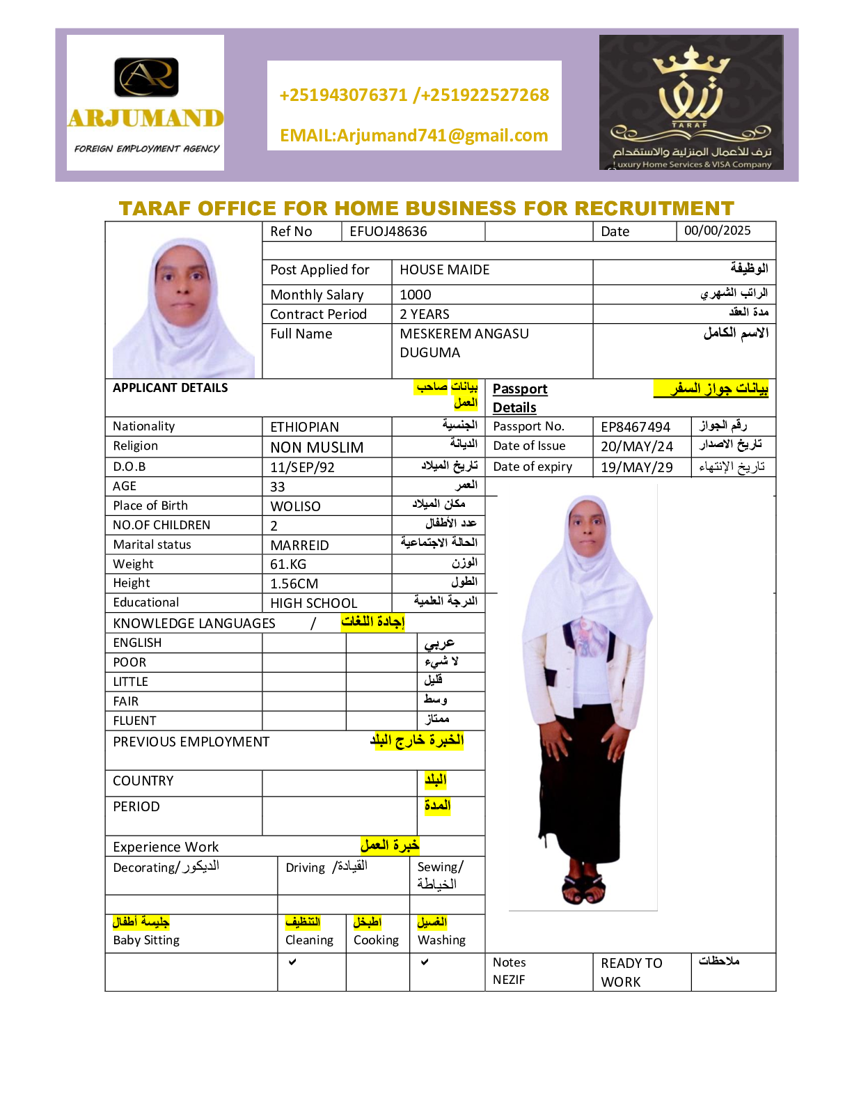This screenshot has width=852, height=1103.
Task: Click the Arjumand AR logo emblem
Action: click(146, 77)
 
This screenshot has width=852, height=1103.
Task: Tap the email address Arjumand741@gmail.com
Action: click(413, 135)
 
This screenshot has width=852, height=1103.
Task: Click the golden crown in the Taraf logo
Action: click(691, 63)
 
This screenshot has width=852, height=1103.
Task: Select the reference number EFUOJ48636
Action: click(388, 231)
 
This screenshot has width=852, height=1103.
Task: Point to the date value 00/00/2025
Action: click(717, 230)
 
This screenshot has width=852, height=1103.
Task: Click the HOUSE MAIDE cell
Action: click(444, 269)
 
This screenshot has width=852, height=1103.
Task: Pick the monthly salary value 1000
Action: click(416, 295)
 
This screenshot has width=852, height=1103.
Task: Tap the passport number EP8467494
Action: click(636, 427)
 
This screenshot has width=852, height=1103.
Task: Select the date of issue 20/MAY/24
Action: click(637, 446)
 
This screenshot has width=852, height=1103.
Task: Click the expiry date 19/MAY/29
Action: click(637, 467)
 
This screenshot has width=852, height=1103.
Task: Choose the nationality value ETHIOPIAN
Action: click(304, 427)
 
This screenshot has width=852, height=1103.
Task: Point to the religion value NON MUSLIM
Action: click(317, 447)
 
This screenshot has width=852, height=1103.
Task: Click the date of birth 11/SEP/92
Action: click(302, 467)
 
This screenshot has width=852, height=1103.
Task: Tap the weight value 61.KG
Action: click(288, 564)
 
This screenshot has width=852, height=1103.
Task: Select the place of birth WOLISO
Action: click(295, 506)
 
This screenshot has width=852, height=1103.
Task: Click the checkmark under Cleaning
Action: click(292, 962)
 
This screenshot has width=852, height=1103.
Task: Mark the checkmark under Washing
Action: click(425, 962)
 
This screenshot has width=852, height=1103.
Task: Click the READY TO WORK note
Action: click(631, 972)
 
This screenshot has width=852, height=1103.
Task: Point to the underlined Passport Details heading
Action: click(519, 398)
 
